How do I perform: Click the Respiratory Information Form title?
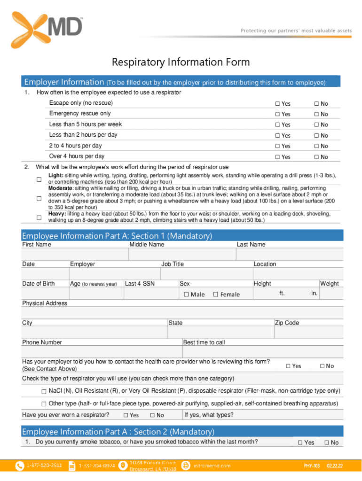pyautogui.click(x=181, y=62)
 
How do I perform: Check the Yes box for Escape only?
pyautogui.click(x=277, y=103)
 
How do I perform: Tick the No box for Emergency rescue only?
pyautogui.click(x=316, y=114)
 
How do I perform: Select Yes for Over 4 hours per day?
pyautogui.click(x=277, y=157)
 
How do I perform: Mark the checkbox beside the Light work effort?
pyautogui.click(x=39, y=179)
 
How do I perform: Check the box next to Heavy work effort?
pyautogui.click(x=39, y=217)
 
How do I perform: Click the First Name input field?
pyautogui.click(x=75, y=254)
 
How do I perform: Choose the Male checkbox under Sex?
pyautogui.click(x=186, y=295)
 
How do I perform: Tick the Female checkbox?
pyautogui.click(x=215, y=295)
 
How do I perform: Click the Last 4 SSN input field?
pyautogui.click(x=150, y=294)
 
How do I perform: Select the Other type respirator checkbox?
pyautogui.click(x=44, y=404)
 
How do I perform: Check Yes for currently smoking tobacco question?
pyautogui.click(x=300, y=442)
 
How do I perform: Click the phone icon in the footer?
pyautogui.click(x=20, y=465)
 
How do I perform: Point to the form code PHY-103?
pyautogui.click(x=311, y=466)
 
